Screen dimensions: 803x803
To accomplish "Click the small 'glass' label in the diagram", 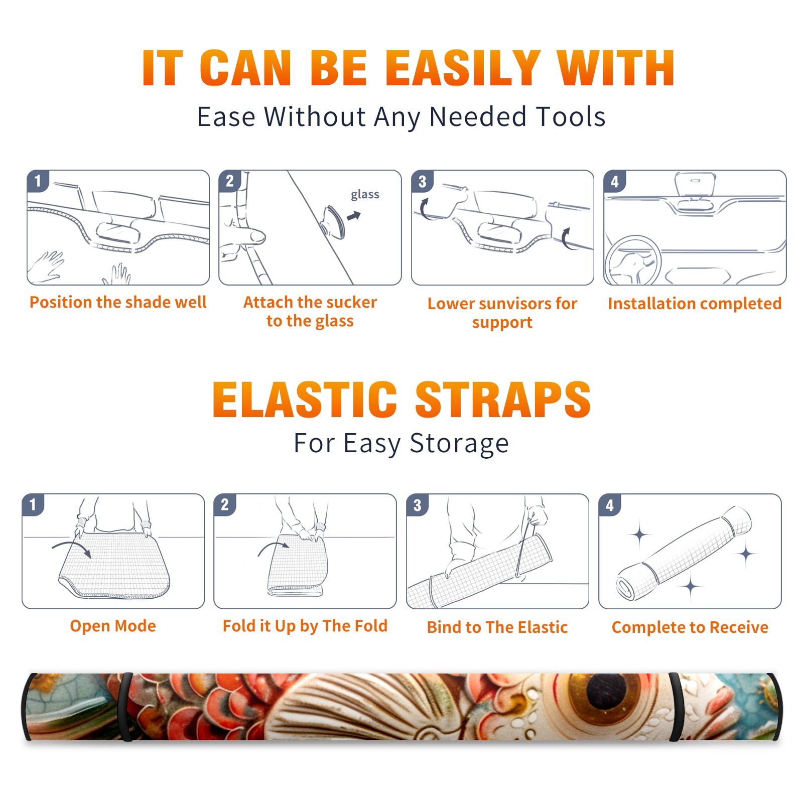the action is click(x=365, y=195).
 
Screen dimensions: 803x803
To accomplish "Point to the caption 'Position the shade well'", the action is click(x=118, y=302).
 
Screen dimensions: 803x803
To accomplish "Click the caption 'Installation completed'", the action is click(x=695, y=303).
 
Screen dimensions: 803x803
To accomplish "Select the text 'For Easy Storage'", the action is click(x=401, y=443).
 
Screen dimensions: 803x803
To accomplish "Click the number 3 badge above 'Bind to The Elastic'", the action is click(x=418, y=505).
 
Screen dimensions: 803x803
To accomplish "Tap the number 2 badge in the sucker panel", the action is click(x=230, y=181).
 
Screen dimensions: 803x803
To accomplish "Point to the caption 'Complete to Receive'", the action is click(x=690, y=627).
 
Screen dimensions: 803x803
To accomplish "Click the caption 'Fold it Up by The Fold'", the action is click(x=305, y=626).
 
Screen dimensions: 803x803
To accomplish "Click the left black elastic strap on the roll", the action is click(x=126, y=707).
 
